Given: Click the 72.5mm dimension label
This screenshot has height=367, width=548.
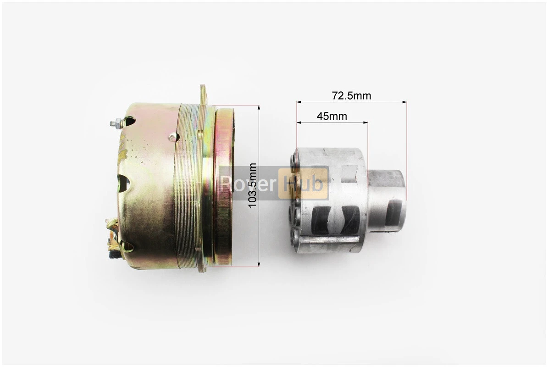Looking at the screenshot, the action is point(351,95).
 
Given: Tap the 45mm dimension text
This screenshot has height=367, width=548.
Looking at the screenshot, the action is point(332,116).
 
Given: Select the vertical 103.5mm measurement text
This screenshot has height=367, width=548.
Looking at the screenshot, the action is point(252,185).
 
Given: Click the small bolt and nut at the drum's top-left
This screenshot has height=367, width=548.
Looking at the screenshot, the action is point(116,123).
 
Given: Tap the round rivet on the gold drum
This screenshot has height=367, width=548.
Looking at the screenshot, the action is point(172,137).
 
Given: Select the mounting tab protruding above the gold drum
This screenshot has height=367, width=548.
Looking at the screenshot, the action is point(204,95).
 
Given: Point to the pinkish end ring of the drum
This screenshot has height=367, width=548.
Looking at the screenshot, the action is point(224,187).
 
